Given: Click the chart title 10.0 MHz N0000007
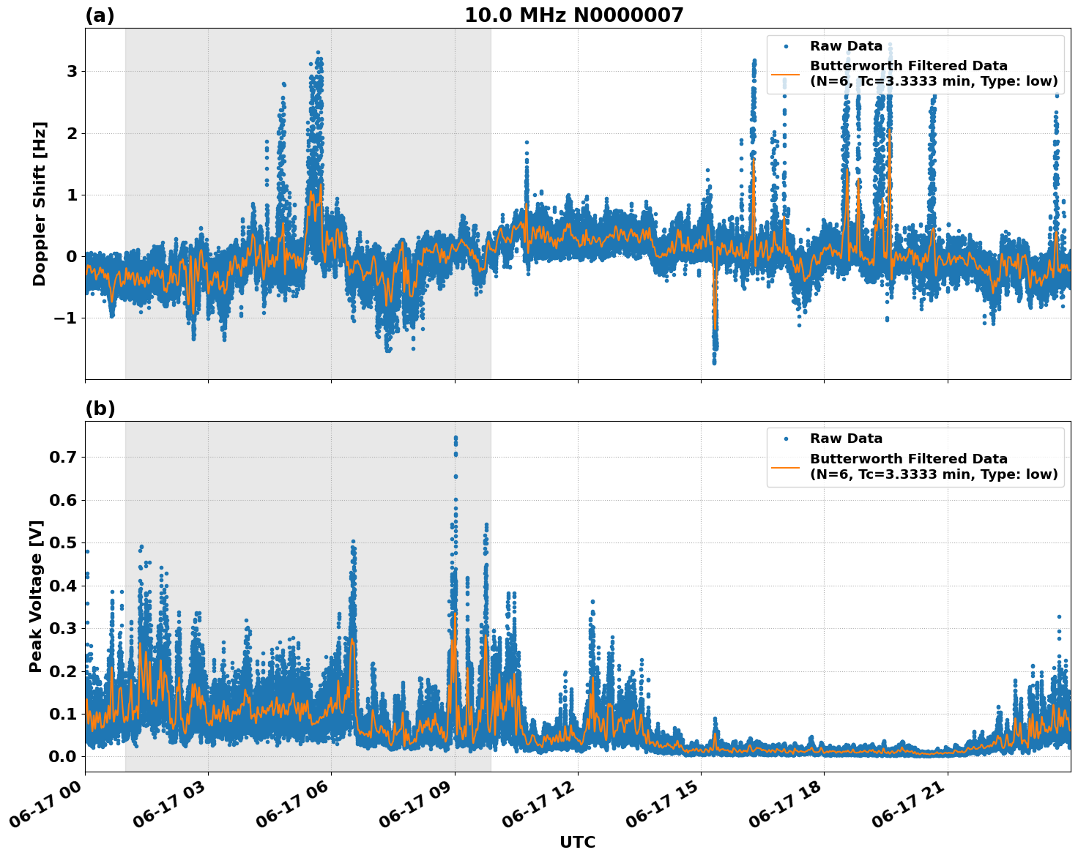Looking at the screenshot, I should coord(573,15).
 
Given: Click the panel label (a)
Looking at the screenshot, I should coord(100,15).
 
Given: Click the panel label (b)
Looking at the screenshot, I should coord(100,409).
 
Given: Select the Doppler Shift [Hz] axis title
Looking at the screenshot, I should coord(40,204).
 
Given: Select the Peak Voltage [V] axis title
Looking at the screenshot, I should coord(36,596).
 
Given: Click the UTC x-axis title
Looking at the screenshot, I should coord(577,842).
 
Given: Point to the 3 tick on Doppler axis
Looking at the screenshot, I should coord(72,72).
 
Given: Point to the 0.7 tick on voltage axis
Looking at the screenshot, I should coord(63,458).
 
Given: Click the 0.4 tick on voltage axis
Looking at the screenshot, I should coord(63,586).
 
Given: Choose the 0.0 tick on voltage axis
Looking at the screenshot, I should coord(63,756).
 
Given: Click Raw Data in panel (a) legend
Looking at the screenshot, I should coord(846,47).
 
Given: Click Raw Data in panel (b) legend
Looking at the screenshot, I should coord(846,439).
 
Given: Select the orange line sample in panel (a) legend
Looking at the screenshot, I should coord(785,74).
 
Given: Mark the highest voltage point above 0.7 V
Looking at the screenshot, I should coord(456,438).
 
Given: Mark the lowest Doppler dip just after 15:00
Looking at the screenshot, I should coord(714,362).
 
